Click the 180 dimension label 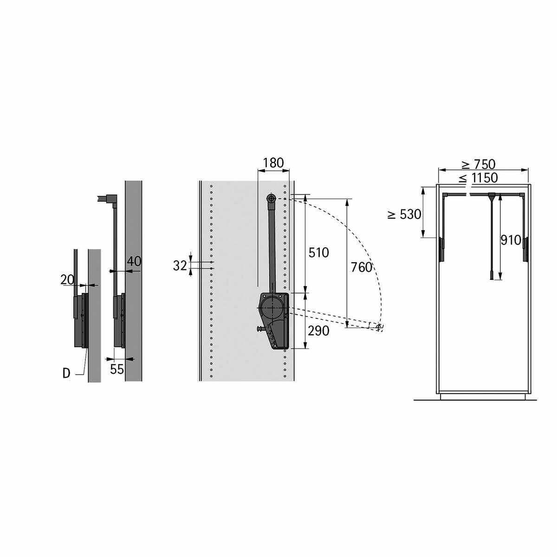[x=273, y=163]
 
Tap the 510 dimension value [x=318, y=253]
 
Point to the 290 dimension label [x=318, y=331]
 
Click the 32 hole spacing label [x=180, y=266]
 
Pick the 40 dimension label [x=134, y=261]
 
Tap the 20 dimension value [x=67, y=279]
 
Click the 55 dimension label [x=117, y=369]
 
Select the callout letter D [x=66, y=374]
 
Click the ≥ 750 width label [x=479, y=164]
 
